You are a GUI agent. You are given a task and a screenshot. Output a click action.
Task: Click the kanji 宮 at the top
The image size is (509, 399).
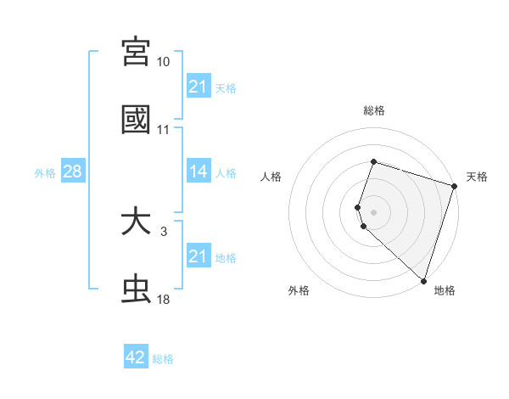(x=136, y=52)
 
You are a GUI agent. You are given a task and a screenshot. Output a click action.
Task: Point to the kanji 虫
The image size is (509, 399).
(x=136, y=289)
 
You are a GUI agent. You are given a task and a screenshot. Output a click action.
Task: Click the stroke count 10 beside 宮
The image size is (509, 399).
(x=163, y=62)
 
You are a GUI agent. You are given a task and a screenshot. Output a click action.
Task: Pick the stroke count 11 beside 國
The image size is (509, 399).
(x=163, y=130)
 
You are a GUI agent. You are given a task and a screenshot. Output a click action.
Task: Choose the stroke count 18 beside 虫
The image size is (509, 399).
(x=163, y=301)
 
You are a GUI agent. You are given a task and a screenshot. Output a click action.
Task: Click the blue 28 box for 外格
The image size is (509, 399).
(x=73, y=171)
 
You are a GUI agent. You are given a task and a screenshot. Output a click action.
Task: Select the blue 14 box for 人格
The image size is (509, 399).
(x=198, y=171)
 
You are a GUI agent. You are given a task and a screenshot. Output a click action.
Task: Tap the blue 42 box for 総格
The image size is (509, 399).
(x=136, y=357)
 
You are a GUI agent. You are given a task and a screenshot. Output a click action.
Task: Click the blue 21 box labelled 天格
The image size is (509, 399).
(x=198, y=87)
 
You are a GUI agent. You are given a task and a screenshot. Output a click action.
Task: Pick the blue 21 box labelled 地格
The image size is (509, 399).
(x=198, y=256)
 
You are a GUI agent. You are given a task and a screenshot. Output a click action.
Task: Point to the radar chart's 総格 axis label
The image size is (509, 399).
(x=374, y=110)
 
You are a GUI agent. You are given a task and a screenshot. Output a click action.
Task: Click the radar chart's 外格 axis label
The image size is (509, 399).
(x=299, y=290)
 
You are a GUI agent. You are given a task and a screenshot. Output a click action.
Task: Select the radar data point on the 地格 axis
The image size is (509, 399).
(x=422, y=280)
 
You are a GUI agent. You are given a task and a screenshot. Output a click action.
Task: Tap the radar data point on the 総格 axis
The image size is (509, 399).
(x=373, y=161)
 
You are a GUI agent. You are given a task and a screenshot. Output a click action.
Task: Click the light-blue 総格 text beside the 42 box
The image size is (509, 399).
(x=163, y=359)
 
